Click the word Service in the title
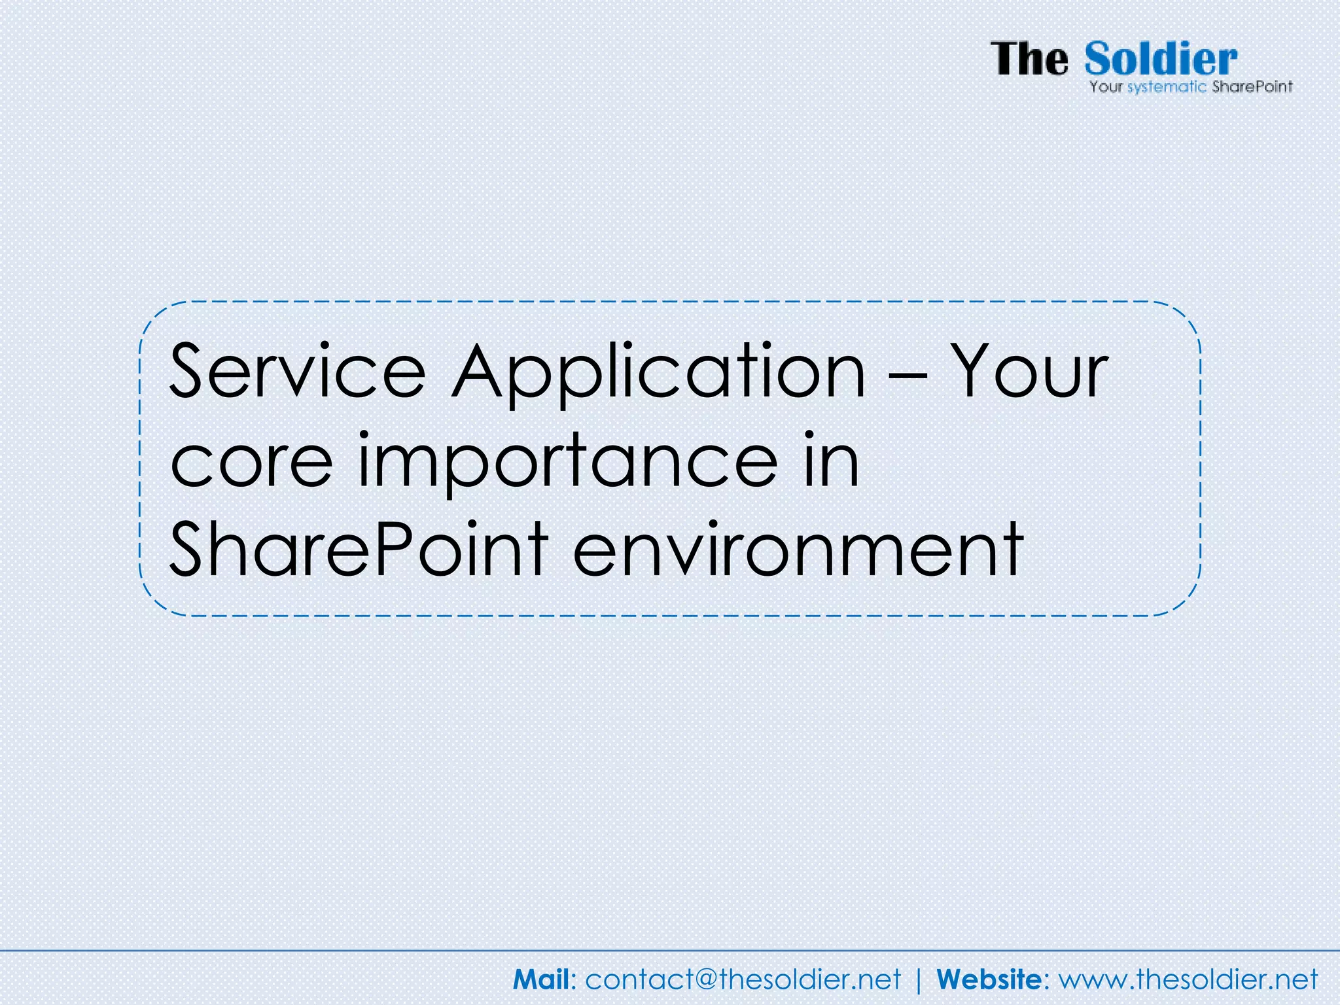coord(298,371)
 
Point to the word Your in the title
coord(1029,371)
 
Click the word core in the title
coord(251,462)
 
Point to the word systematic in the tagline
coord(1166,87)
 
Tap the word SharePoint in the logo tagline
coord(1252,86)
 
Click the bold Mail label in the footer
coord(542,979)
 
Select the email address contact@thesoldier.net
coord(743,979)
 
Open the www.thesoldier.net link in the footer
coord(1188,979)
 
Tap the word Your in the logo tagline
coord(1106,86)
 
